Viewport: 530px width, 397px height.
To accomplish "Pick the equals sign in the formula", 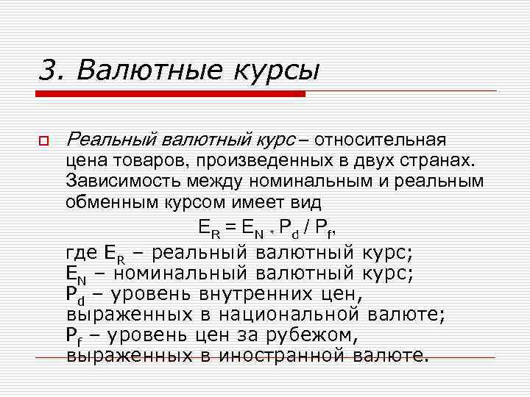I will (x=230, y=228).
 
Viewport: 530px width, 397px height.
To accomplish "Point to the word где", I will (x=81, y=254).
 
